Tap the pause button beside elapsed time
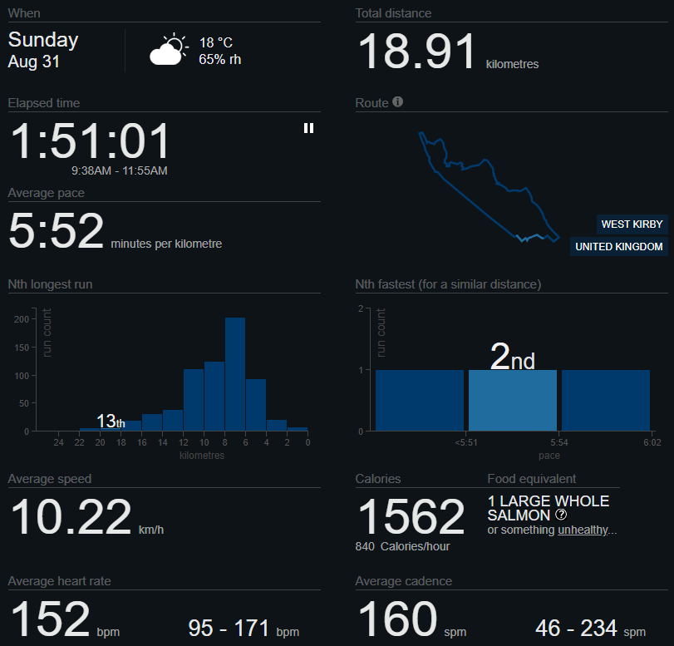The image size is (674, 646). tap(308, 128)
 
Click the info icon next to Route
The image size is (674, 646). tap(398, 102)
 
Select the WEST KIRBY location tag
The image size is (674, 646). tap(632, 224)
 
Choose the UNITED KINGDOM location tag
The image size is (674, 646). tap(619, 247)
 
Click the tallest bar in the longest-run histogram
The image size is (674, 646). tap(235, 374)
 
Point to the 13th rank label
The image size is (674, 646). tap(111, 422)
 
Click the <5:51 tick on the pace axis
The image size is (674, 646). tap(466, 443)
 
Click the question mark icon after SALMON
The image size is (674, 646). tap(561, 515)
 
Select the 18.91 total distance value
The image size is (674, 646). tap(418, 52)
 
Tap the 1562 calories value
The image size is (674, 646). tap(411, 517)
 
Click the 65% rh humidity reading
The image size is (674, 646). tap(220, 60)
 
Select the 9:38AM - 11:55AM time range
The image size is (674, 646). tap(120, 170)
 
